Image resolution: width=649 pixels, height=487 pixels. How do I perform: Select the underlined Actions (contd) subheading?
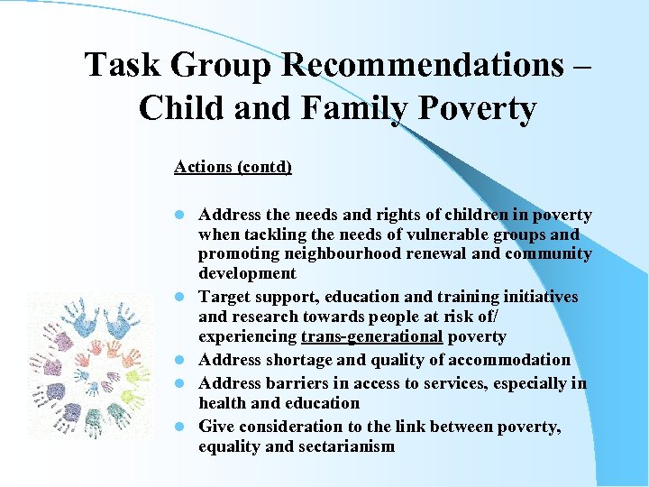(x=233, y=167)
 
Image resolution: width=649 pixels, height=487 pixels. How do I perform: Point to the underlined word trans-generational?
(x=371, y=336)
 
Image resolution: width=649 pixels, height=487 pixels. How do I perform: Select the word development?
(x=247, y=273)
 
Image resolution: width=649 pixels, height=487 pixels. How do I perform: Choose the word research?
(x=266, y=317)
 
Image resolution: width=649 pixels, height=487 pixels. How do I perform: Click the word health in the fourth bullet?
(x=226, y=403)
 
